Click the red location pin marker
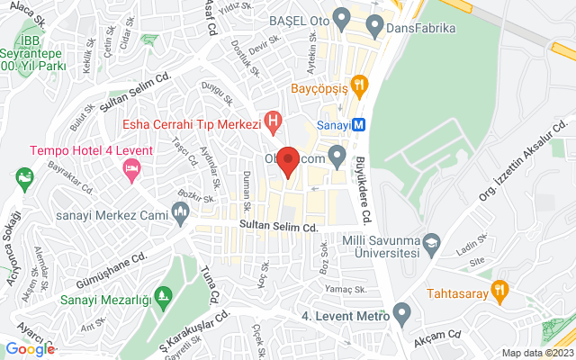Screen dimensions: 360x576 [x=287, y=161]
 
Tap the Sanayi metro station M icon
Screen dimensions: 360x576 [x=358, y=124]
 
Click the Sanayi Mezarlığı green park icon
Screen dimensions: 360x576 [x=163, y=295]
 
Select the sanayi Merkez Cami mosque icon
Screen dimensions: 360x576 [x=181, y=214]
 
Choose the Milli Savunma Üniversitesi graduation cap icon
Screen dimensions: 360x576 [x=433, y=242]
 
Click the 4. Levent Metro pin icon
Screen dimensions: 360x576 [x=401, y=314]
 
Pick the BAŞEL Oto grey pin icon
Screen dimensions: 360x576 [x=341, y=17]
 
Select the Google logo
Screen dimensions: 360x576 [x=31, y=349]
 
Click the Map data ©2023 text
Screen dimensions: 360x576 [x=536, y=353]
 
